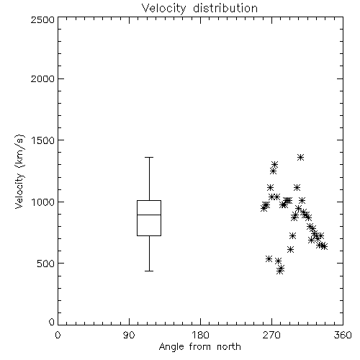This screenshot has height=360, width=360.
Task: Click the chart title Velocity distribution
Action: pyautogui.click(x=199, y=9)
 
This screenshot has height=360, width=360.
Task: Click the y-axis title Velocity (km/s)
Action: pyautogui.click(x=19, y=171)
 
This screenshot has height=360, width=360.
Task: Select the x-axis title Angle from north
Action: pyautogui.click(x=199, y=347)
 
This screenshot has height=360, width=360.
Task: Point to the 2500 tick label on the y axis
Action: pyautogui.click(x=42, y=19)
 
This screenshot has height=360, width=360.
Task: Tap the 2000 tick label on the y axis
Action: pyautogui.click(x=42, y=78)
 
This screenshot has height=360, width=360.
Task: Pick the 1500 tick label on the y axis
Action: pyautogui.click(x=43, y=140)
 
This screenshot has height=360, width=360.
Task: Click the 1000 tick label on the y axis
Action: pyautogui.click(x=43, y=202)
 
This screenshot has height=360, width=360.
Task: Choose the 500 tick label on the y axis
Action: pyautogui.click(x=46, y=264)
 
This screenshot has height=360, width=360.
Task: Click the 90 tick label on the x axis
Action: pyautogui.click(x=129, y=335)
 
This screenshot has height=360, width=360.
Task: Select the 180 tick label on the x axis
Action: pyautogui.click(x=200, y=335)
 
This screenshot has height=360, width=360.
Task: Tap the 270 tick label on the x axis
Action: pyautogui.click(x=271, y=335)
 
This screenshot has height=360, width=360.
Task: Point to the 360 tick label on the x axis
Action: pyautogui.click(x=343, y=335)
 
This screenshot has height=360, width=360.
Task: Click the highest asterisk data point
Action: pyautogui.click(x=300, y=158)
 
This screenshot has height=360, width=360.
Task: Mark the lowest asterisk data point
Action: pyautogui.click(x=279, y=271)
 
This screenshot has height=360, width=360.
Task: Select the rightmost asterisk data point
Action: pyautogui.click(x=324, y=246)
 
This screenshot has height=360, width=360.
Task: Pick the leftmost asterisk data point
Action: pyautogui.click(x=264, y=208)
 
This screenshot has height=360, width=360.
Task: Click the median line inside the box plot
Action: pyautogui.click(x=149, y=215)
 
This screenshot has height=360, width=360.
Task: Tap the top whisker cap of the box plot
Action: pyautogui.click(x=149, y=158)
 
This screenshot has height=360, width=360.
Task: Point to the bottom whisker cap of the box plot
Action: pyautogui.click(x=149, y=271)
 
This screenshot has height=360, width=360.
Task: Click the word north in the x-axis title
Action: pyautogui.click(x=229, y=347)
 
